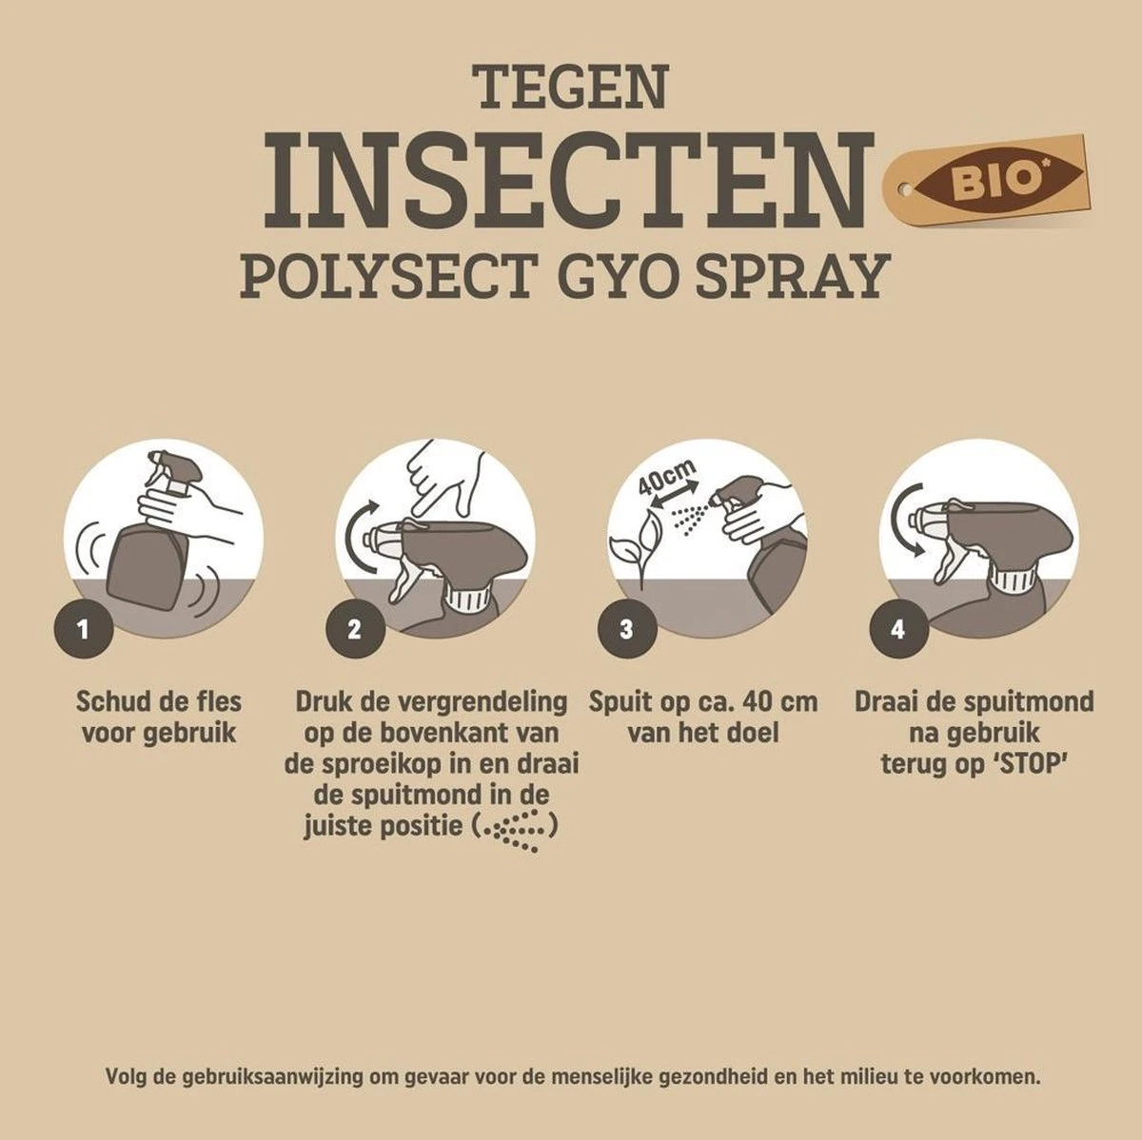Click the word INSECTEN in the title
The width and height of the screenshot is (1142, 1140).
[x=568, y=180]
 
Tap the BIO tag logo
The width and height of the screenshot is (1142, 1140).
[x=986, y=180]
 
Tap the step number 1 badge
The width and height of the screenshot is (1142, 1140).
[x=83, y=629]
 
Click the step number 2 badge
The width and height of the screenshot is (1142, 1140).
[x=355, y=629]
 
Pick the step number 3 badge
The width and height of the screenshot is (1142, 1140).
[x=626, y=629]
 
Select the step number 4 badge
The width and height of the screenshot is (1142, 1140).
[x=898, y=629]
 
